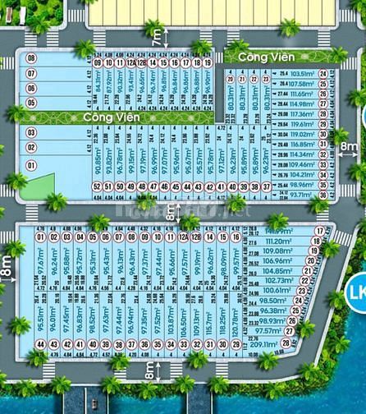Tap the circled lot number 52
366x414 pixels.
(x=97, y=187)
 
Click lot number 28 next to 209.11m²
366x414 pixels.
(x=286, y=343)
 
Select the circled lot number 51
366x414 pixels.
(x=109, y=187)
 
